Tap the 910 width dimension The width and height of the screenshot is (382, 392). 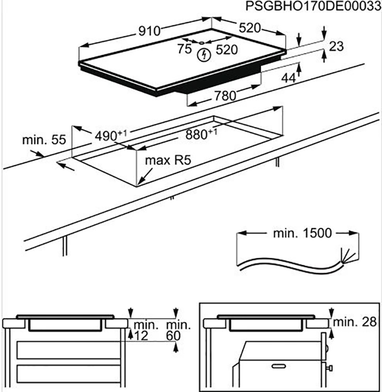149,31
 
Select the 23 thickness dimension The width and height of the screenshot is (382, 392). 336,47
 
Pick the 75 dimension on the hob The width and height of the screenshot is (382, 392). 185,49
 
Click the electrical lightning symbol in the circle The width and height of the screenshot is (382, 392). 202,54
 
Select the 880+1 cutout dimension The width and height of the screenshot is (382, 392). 202,133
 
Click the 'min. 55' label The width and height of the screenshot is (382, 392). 44,140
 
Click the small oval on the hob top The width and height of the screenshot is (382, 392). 202,42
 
